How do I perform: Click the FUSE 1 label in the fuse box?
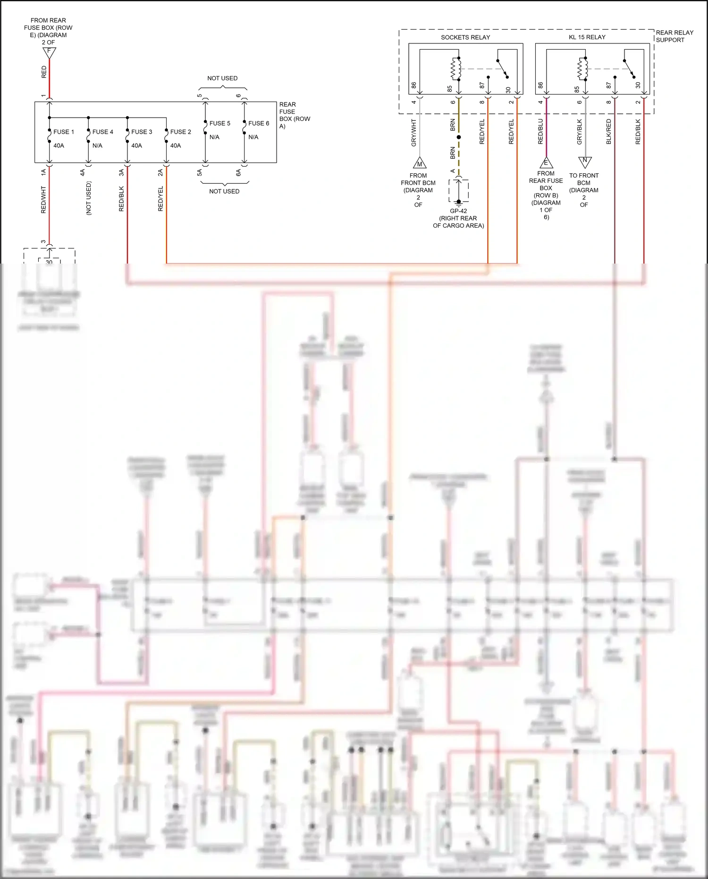[63, 132]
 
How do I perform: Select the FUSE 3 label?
[141, 132]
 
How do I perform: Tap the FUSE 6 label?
[259, 123]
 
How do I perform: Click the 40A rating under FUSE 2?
[175, 145]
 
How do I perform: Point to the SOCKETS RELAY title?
[465, 37]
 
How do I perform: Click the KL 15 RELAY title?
[587, 37]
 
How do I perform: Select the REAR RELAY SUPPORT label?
[674, 36]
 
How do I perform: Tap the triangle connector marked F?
[49, 52]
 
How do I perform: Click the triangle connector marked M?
[420, 163]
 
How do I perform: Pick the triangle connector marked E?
[546, 163]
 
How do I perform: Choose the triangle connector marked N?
[585, 162]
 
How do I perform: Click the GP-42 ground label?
[458, 211]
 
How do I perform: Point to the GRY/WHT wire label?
[414, 132]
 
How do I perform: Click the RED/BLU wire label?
[540, 131]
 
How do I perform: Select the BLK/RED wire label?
[608, 131]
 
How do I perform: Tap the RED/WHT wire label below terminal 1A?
[43, 199]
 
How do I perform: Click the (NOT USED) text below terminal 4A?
[88, 198]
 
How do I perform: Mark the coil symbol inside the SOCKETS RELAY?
[455, 69]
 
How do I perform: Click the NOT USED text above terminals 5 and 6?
[222, 78]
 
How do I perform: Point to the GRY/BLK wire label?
[579, 131]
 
